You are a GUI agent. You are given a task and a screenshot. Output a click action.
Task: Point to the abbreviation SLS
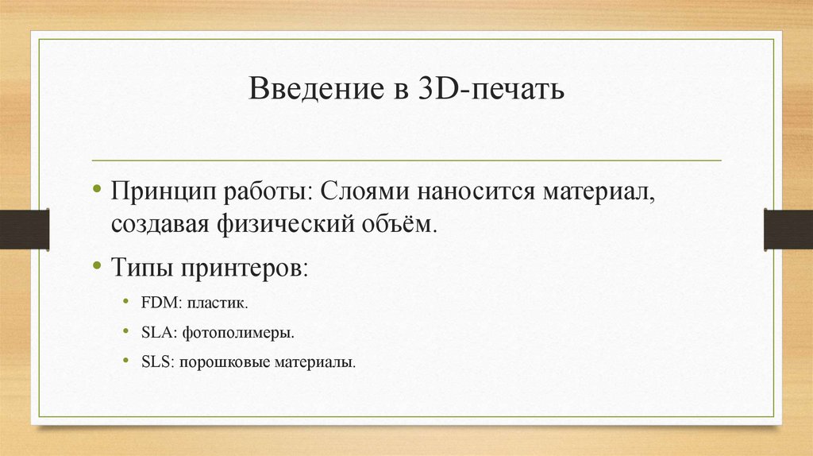[156, 362]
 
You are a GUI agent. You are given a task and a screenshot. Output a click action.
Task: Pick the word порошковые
[224, 362]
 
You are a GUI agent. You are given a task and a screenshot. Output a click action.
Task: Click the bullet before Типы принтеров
[96, 263]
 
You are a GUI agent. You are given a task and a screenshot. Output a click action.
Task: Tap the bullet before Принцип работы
[96, 190]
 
